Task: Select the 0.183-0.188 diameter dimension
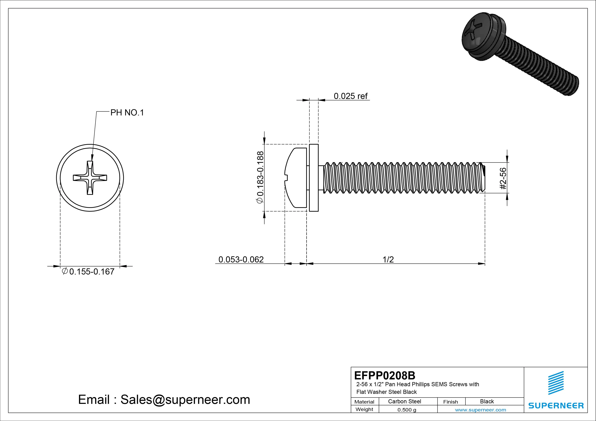pos(260,177)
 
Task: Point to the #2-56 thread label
pos(503,178)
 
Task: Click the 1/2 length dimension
pos(388,259)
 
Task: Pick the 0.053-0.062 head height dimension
pos(241,259)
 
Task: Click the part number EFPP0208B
pos(384,375)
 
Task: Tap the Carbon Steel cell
pos(404,401)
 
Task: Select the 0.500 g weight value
pos(407,410)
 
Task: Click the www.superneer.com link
pos(480,410)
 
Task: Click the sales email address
pos(164,399)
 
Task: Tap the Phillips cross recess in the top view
pos(90,178)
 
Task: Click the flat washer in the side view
pos(314,178)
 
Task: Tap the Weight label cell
pos(364,409)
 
